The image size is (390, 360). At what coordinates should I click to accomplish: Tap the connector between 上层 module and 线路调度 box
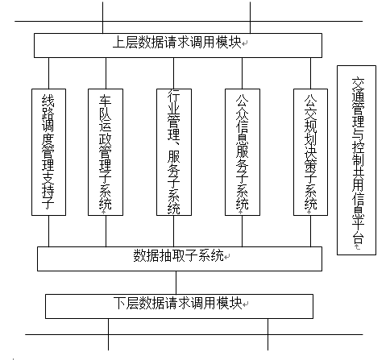(48, 72)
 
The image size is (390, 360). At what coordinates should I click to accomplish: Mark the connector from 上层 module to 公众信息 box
(242, 72)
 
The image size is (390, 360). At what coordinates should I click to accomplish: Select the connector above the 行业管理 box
(173, 72)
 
